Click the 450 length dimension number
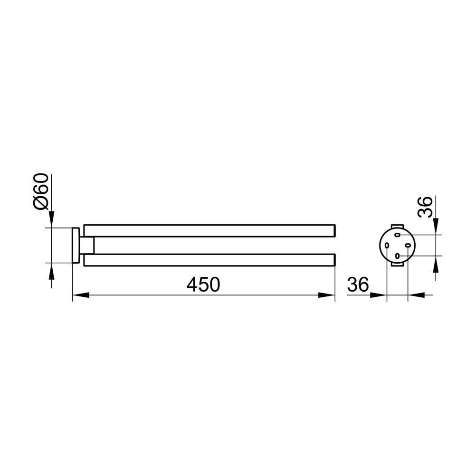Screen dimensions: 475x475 pyautogui.click(x=203, y=285)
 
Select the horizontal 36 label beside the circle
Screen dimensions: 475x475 pyautogui.click(x=358, y=285)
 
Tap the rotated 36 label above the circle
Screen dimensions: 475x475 pyautogui.click(x=425, y=207)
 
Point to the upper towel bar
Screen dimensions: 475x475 pyautogui.click(x=209, y=230)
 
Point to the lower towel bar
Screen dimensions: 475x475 pyautogui.click(x=209, y=260)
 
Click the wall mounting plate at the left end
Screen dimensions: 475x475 pyautogui.click(x=76, y=246)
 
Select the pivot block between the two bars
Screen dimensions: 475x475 pyautogui.click(x=87, y=246)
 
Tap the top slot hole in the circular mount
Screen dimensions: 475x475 pyautogui.click(x=398, y=235)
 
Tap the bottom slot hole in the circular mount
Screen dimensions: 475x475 pyautogui.click(x=398, y=256)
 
